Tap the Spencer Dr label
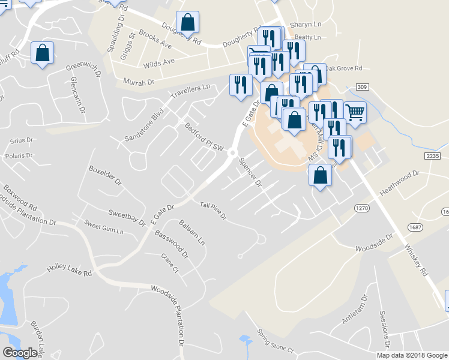coord(250,173)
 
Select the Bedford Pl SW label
coord(204,138)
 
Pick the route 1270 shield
coord(360,208)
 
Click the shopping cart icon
coord(355,112)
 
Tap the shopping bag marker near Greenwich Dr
coord(43,53)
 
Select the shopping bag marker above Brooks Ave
coord(188,23)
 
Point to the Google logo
coord(20,353)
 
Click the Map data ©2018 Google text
coord(412,355)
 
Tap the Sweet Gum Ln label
coord(103,227)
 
